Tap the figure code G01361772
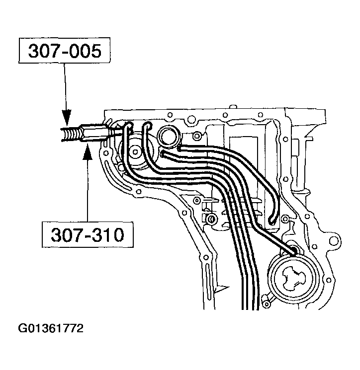[x=50, y=329]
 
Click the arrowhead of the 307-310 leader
[x=88, y=148]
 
